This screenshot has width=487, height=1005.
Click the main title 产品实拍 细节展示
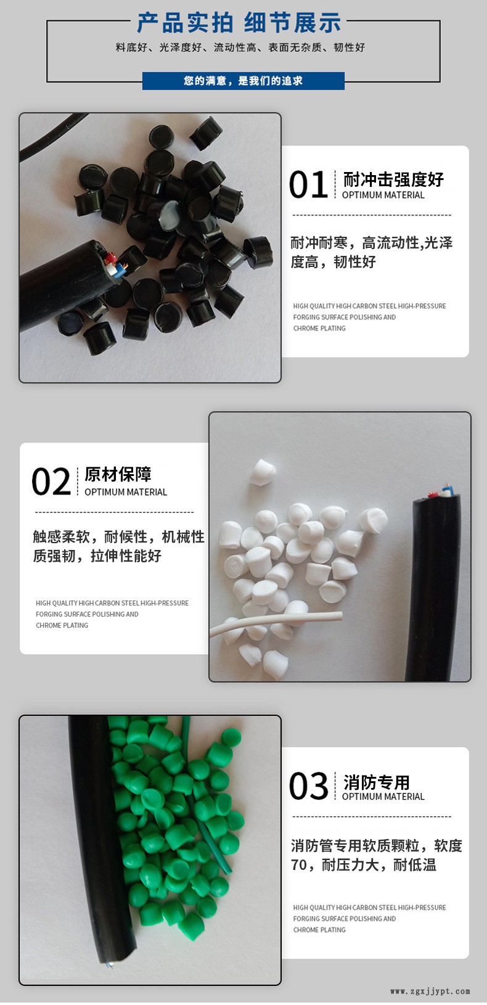click(239, 23)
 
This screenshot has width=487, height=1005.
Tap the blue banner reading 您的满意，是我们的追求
click(243, 81)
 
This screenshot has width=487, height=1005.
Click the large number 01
click(308, 184)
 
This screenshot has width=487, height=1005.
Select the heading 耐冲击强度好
click(393, 179)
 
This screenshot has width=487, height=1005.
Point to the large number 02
click(51, 482)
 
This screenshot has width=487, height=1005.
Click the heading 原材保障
click(118, 474)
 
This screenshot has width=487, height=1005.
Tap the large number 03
click(309, 786)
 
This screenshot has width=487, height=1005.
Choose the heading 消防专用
click(377, 782)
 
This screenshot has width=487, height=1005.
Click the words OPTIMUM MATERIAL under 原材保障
click(126, 492)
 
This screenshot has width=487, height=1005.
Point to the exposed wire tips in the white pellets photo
click(443, 491)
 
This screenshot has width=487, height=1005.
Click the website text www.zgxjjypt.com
click(430, 991)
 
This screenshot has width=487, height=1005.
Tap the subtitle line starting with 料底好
click(240, 47)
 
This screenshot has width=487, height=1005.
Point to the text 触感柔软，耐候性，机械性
click(118, 536)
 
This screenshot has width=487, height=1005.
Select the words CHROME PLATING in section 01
click(319, 329)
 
